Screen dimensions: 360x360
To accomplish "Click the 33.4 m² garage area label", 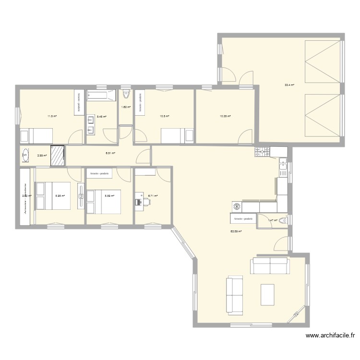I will (x=289, y=85).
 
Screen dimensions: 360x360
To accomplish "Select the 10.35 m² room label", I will (x=225, y=116).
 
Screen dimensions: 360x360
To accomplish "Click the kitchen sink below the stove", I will (x=284, y=168).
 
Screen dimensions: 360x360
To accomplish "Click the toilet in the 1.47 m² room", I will (x=284, y=220).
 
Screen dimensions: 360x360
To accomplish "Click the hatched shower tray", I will (x=58, y=155).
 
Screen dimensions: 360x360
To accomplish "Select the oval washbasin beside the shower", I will (x=25, y=155).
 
